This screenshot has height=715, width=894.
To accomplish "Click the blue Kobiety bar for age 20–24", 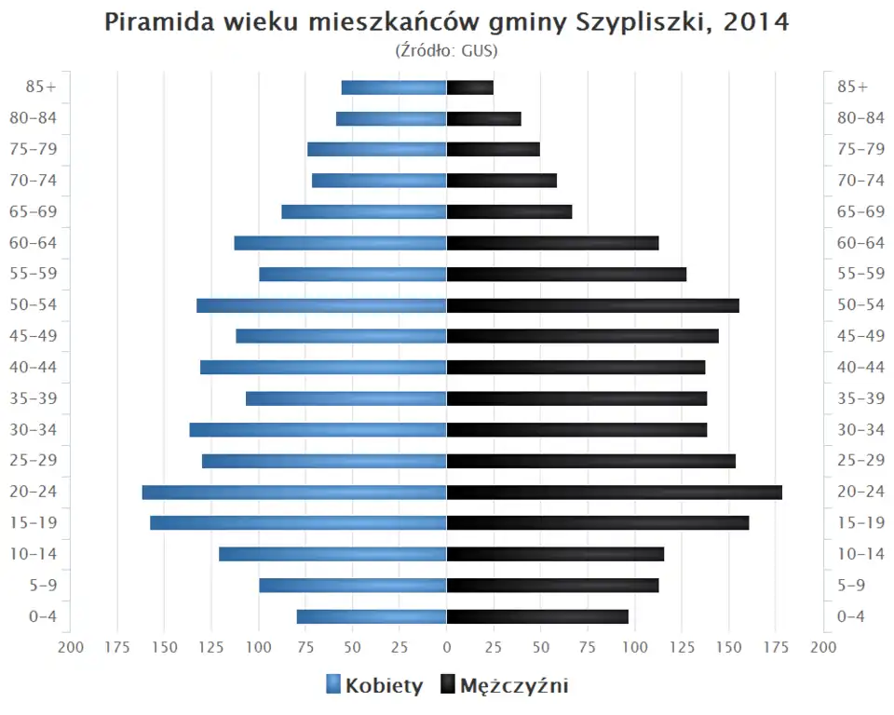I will click(294, 492).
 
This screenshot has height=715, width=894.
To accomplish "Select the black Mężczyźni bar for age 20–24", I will click(614, 492).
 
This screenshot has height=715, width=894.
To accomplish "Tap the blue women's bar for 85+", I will click(394, 88).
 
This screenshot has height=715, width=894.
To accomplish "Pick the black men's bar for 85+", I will click(469, 88).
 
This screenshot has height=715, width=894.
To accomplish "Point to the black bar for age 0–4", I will click(537, 616).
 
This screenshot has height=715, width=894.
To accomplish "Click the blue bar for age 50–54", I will click(321, 305).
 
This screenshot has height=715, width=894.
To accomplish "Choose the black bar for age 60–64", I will click(552, 243).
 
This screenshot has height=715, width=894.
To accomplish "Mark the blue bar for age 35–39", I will click(346, 398).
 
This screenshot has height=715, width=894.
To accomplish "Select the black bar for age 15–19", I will click(597, 522).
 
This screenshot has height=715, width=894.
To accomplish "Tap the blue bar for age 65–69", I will click(364, 211).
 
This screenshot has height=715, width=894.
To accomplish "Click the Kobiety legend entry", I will click(374, 686).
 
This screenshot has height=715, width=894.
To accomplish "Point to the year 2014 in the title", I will click(755, 22).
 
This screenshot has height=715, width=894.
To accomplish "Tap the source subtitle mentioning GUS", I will click(447, 50).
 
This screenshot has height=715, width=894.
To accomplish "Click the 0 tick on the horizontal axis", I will click(447, 647).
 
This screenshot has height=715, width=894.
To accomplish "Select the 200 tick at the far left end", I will click(71, 647).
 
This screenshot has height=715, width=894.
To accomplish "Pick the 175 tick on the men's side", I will click(776, 647).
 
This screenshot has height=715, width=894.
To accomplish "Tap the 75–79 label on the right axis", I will click(860, 149).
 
